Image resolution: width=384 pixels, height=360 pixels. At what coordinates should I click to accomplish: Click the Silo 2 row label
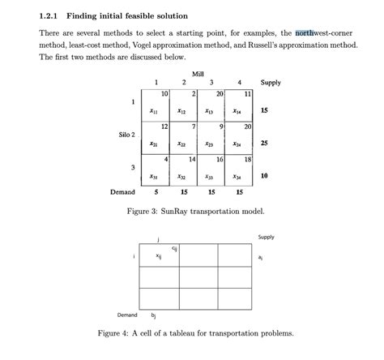pyautogui.click(x=124, y=134)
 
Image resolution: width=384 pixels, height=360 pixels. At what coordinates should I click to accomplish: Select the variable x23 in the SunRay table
pyautogui.click(x=210, y=144)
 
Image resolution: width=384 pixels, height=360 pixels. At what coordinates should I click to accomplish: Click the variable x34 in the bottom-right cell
pyautogui.click(x=237, y=176)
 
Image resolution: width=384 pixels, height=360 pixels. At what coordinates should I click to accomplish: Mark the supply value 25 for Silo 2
pyautogui.click(x=264, y=144)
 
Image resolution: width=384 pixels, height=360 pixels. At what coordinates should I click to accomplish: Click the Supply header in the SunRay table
pyautogui.click(x=271, y=83)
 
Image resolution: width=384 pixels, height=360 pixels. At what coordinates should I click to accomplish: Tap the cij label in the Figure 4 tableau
pyautogui.click(x=175, y=247)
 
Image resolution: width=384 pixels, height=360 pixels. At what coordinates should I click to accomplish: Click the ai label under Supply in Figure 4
pyautogui.click(x=260, y=257)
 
